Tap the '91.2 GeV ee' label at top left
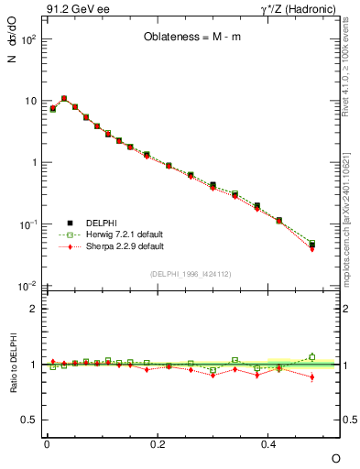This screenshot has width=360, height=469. (72, 10)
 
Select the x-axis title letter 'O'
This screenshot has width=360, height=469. (335, 457)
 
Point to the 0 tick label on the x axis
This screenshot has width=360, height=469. (47, 443)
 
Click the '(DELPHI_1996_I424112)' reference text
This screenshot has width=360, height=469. (191, 272)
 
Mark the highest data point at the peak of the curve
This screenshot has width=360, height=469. (64, 98)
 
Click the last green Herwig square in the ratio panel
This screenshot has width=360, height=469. (312, 357)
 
